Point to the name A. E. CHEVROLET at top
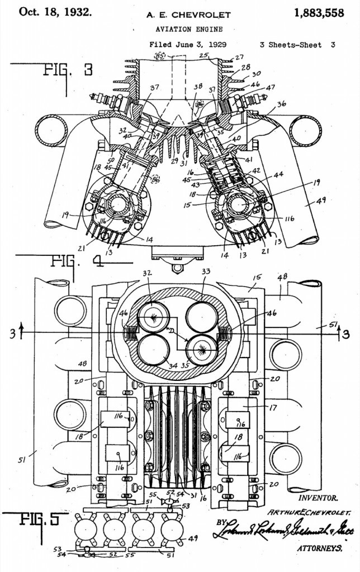tap(181, 15)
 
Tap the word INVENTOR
tap(318, 497)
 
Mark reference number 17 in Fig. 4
tap(273, 408)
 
